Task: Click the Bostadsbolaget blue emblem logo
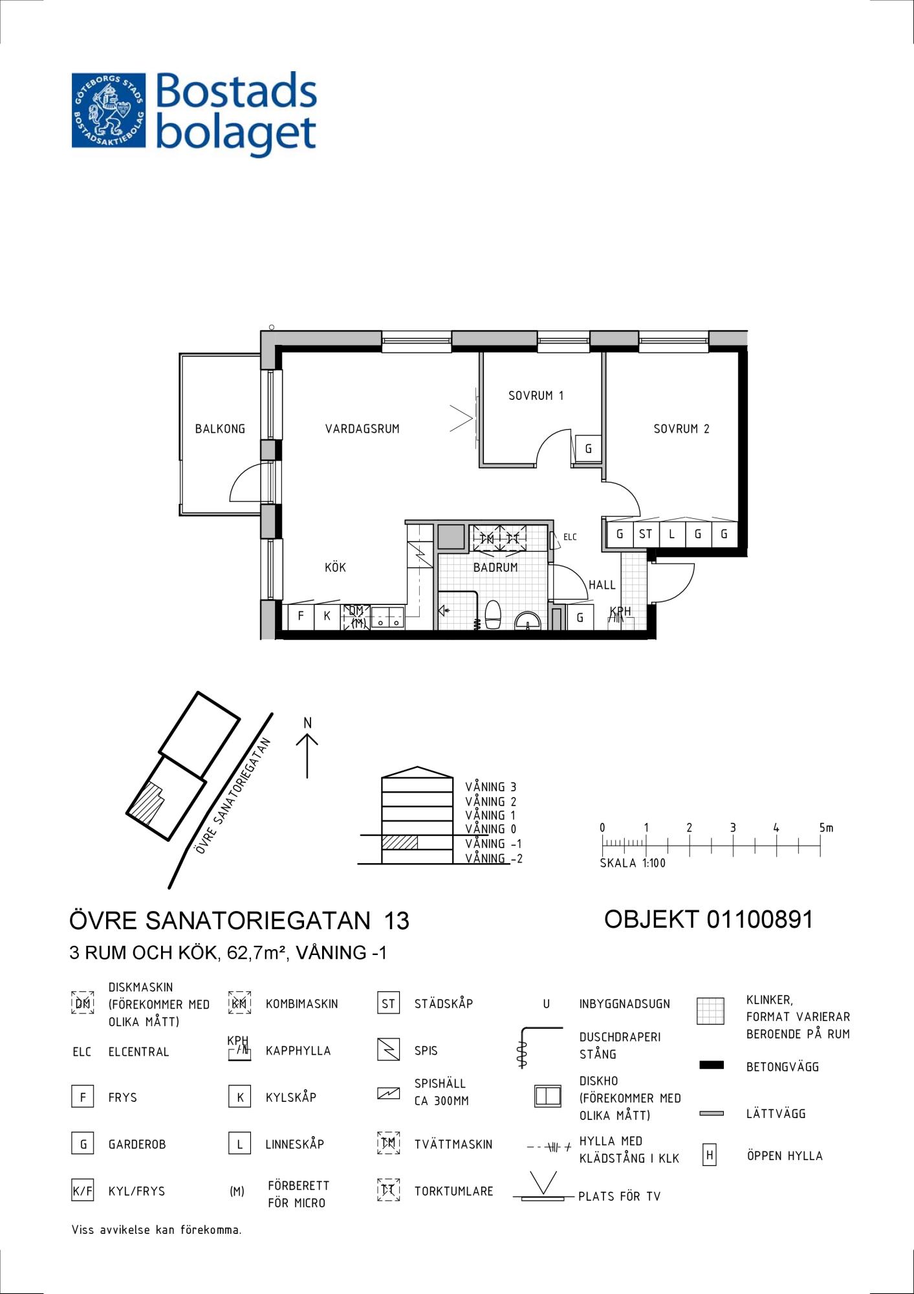[x=108, y=111]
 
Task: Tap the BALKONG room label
[x=220, y=428]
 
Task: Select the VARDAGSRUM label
[x=362, y=428]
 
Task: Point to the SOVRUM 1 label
[x=536, y=395]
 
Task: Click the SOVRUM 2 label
[x=681, y=428]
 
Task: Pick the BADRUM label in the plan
[x=495, y=567]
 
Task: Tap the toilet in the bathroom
[x=494, y=615]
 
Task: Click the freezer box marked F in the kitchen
[x=301, y=617]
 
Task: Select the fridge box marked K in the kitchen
[x=327, y=617]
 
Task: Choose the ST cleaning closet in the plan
[x=646, y=534]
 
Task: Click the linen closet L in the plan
[x=672, y=534]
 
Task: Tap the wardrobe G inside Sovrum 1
[x=589, y=448]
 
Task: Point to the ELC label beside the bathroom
[x=570, y=537]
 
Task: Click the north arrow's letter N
[x=308, y=723]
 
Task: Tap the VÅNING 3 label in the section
[x=490, y=787]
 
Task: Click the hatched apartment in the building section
[x=399, y=842]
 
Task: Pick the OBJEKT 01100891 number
[x=708, y=919]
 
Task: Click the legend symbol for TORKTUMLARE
[x=388, y=1190]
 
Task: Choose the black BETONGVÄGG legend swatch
[x=712, y=1065]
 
